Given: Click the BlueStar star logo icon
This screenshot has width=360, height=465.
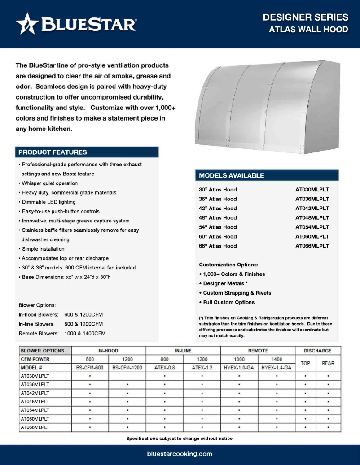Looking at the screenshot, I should pos(27,24).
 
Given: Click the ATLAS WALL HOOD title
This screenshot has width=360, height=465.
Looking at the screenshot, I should pos(308,30).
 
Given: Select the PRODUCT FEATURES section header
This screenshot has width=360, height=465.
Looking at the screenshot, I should pos(53,152).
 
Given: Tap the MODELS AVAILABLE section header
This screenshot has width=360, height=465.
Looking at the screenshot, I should pos(232,175).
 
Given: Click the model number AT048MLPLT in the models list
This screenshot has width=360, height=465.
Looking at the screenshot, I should pos(312,218).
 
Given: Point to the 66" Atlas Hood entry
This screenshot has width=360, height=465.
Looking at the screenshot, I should pos(218,246).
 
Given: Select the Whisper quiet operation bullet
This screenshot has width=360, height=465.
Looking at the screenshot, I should pos(49,183).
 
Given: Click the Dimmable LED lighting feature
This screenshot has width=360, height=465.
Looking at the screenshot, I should pos(48,202).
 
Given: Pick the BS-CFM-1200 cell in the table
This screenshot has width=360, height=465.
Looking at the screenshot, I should pos(127,368).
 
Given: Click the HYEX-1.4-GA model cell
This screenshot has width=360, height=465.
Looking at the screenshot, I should pos(277,368).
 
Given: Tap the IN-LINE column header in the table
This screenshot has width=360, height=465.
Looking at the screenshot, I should pos(183,351).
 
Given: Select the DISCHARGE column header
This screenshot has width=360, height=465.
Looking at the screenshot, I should pos(317,351).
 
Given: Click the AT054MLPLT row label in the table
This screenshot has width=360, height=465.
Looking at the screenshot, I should pos(35,410).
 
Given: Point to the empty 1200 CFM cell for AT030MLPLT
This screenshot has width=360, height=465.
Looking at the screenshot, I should pos(127,376).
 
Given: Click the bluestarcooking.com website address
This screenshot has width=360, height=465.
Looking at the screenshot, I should pos(180,454).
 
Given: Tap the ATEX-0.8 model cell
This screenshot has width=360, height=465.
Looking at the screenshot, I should pos(165,368).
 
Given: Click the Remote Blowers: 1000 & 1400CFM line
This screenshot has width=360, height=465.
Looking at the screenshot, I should pos(62,334).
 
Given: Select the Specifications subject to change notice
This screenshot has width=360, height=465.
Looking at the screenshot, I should pos(180,438).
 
